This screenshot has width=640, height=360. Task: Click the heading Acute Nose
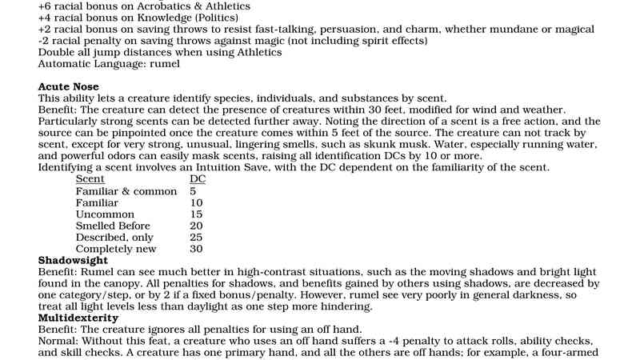click(68, 86)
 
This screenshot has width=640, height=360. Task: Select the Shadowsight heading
click(73, 261)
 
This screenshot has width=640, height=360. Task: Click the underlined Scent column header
click(90, 180)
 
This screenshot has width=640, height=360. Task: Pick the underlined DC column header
click(198, 180)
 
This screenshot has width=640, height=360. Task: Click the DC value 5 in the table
click(194, 192)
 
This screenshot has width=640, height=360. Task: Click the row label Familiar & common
click(126, 192)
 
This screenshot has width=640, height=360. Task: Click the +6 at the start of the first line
click(46, 6)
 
